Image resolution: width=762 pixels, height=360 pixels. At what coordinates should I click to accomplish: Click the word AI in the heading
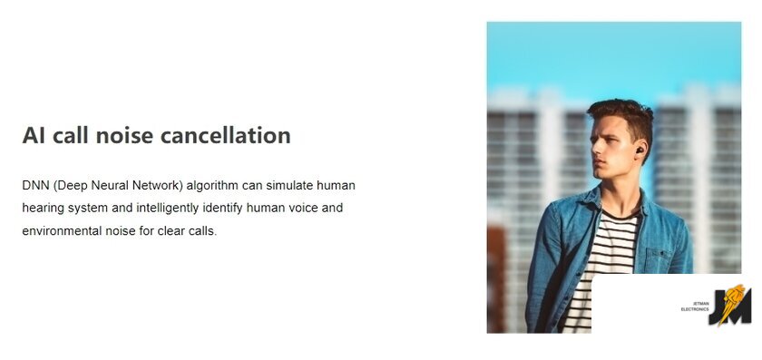tap(34, 135)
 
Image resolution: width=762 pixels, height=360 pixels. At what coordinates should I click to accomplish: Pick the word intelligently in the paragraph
tap(168, 209)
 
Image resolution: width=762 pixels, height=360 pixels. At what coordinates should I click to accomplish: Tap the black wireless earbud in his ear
tap(640, 149)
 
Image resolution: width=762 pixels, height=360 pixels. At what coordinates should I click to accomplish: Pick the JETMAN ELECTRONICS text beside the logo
tap(695, 306)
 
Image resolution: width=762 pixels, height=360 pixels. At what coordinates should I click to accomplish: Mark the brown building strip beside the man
tap(495, 279)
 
